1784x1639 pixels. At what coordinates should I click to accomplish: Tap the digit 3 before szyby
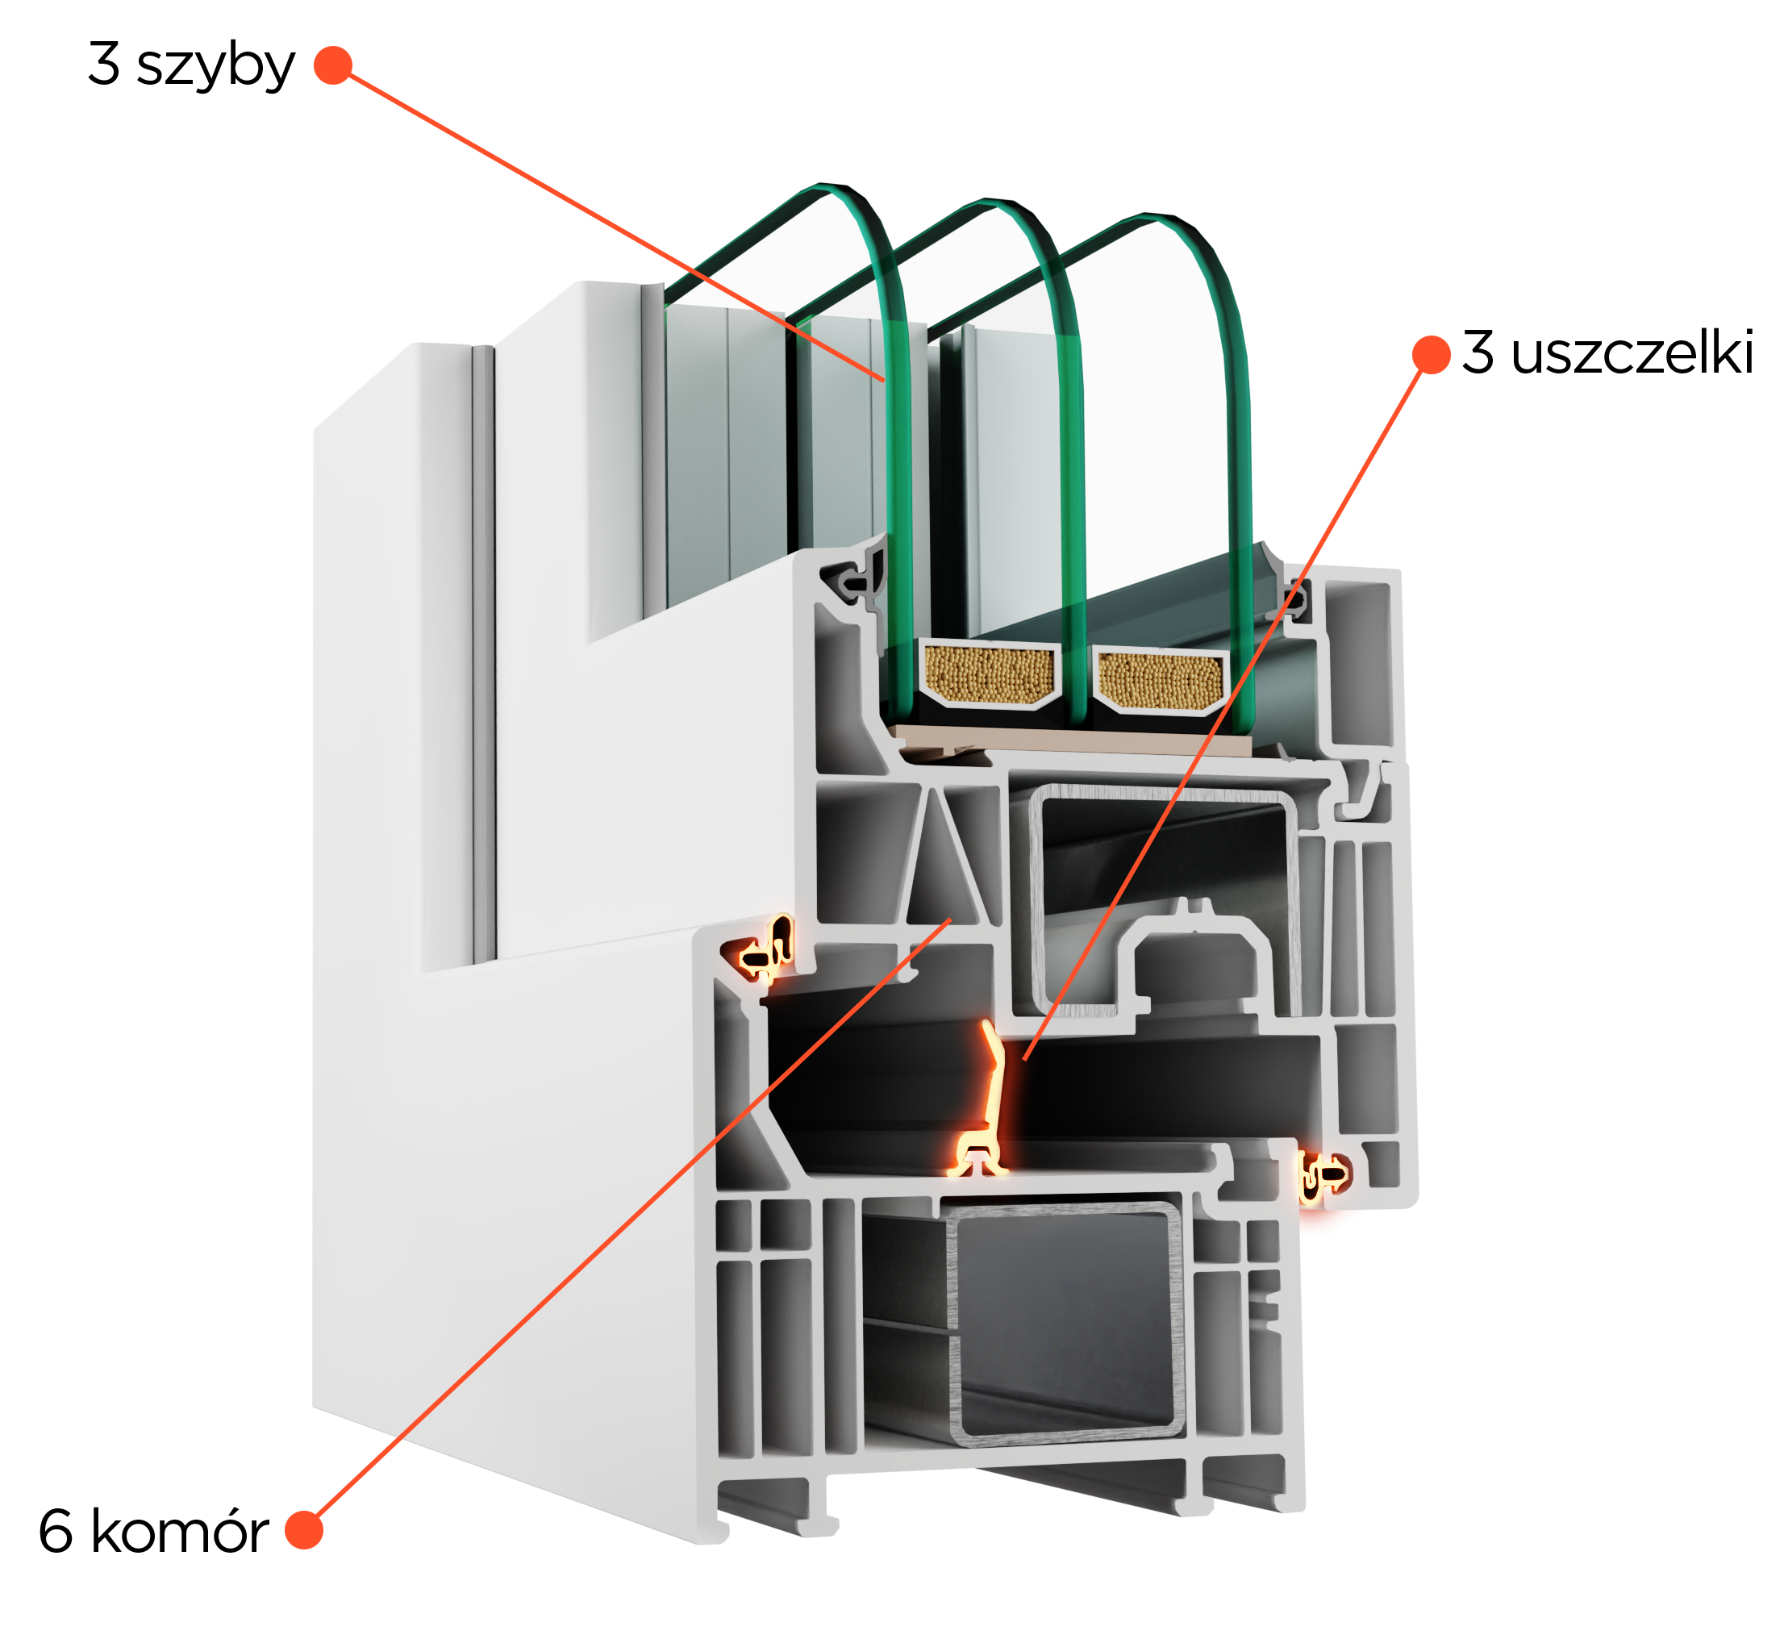104,63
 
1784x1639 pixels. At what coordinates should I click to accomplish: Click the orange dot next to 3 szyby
333,65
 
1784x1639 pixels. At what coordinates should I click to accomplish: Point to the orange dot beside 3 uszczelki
1431,355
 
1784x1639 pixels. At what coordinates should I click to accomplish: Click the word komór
179,1532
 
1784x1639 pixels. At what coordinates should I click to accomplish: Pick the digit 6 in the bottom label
55,1532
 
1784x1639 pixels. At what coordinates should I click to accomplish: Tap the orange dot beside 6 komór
304,1530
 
